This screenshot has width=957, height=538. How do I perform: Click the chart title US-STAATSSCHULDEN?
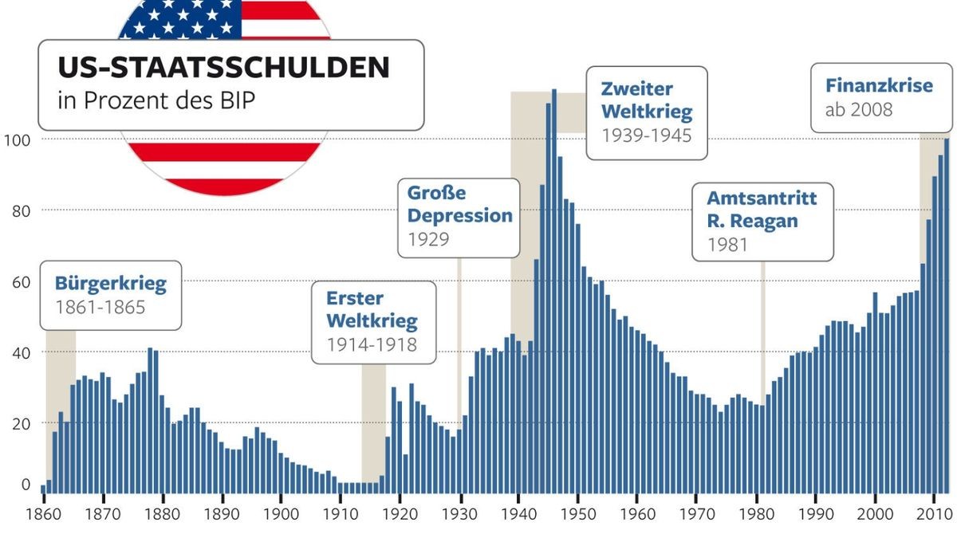223,68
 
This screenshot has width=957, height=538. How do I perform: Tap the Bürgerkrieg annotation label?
110,283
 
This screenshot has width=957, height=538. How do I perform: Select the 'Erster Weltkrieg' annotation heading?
372,310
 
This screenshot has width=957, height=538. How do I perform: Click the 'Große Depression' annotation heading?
459,204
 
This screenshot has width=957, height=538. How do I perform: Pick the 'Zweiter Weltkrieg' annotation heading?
646,100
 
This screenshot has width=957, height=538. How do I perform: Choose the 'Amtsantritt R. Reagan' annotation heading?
762,209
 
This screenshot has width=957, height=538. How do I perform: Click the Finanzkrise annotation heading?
879,85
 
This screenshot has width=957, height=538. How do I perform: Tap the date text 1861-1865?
100,307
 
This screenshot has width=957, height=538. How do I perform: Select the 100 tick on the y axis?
16,140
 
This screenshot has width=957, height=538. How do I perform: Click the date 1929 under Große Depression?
428,239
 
